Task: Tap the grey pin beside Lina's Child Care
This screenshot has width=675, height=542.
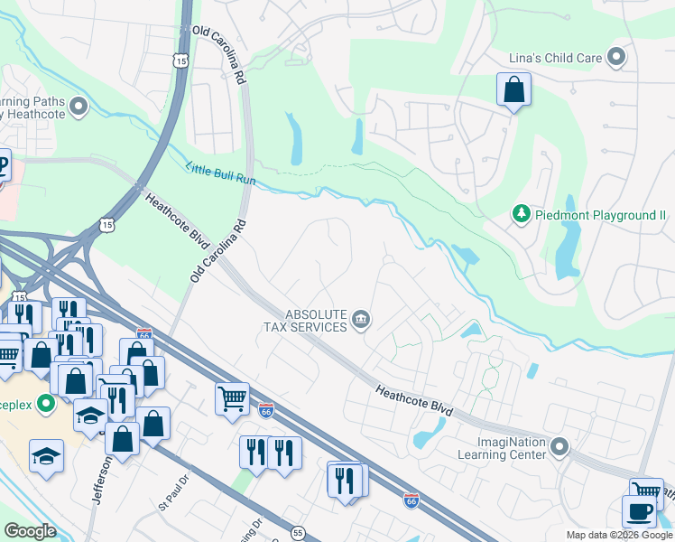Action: pos(616,58)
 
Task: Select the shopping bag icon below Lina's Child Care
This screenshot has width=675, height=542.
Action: pos(513,90)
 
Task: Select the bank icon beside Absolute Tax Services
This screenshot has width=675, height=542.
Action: pos(361,318)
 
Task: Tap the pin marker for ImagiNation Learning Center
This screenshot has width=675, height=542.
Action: pos(560,446)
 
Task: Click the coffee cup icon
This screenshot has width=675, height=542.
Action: pos(639,510)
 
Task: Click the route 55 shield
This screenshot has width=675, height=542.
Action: pos(298,533)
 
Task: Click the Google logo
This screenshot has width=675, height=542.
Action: pos(30,531)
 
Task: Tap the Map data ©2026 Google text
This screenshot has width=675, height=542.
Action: pos(619,535)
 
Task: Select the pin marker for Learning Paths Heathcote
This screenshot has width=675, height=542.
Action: pos(78,107)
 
